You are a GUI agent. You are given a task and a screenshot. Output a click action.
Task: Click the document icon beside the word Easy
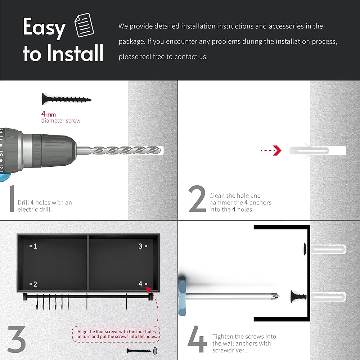[x=84, y=25]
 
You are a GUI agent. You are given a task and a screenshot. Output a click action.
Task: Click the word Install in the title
[x=75, y=53]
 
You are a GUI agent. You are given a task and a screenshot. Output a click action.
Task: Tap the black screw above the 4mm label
[x=67, y=99]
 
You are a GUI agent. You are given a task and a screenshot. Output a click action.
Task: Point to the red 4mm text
[x=49, y=114]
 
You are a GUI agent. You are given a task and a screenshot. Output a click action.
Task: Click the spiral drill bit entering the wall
[x=118, y=150]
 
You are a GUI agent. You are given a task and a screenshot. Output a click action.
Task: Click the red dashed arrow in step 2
[x=271, y=150]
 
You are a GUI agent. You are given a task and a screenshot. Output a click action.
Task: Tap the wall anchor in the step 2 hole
[x=309, y=150]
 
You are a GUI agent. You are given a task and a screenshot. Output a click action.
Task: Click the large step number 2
[x=197, y=199]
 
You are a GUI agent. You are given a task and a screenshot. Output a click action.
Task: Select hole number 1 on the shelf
[x=31, y=246]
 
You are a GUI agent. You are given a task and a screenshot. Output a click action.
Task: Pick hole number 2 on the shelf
[x=31, y=284]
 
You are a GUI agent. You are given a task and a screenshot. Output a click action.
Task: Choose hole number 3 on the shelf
[x=146, y=246]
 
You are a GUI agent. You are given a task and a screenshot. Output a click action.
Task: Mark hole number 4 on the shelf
[x=146, y=284]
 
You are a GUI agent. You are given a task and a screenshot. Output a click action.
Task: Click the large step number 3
[x=17, y=339]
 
